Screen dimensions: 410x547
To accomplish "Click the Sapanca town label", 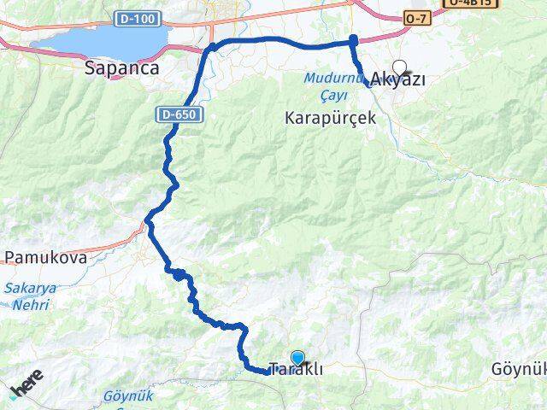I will [x=122, y=68].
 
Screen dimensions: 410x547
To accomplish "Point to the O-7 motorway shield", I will [x=416, y=18].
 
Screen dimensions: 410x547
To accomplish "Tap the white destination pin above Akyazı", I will [x=399, y=67].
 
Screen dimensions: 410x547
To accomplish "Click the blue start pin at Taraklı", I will [x=297, y=359].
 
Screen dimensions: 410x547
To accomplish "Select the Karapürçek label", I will [x=331, y=119].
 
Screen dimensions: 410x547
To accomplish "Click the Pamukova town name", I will [x=45, y=256].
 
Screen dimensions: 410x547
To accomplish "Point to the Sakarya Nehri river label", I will [x=31, y=295].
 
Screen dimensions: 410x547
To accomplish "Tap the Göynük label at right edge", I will [x=519, y=369].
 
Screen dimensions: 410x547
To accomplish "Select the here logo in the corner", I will [x=26, y=389].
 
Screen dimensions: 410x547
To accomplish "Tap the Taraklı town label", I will [x=295, y=371].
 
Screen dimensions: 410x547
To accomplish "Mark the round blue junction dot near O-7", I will [x=353, y=39].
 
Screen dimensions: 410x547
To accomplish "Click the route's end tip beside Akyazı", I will [x=369, y=84].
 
